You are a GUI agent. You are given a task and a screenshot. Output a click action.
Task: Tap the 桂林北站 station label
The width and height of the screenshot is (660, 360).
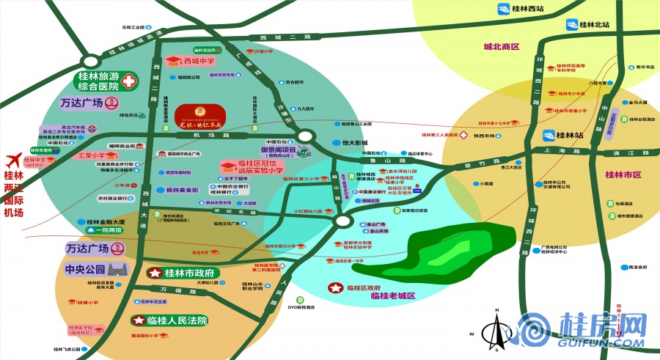coord(594,24)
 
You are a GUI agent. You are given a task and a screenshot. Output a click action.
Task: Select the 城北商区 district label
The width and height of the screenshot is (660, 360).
coord(502,47)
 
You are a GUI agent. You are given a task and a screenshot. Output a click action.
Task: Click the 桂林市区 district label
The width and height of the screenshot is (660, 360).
coord(623,175)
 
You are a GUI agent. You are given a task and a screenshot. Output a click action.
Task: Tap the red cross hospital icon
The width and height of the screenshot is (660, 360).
coord(129,81)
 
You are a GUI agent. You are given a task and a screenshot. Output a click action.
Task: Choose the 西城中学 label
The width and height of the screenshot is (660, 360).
coord(199,61)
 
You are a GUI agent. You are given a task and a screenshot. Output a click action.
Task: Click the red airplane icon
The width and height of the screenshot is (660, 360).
coord(12,160)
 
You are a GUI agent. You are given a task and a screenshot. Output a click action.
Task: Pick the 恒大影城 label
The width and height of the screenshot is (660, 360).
coord(354,143)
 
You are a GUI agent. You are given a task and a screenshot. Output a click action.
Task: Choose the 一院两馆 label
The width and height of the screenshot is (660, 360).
coord(106,229)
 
